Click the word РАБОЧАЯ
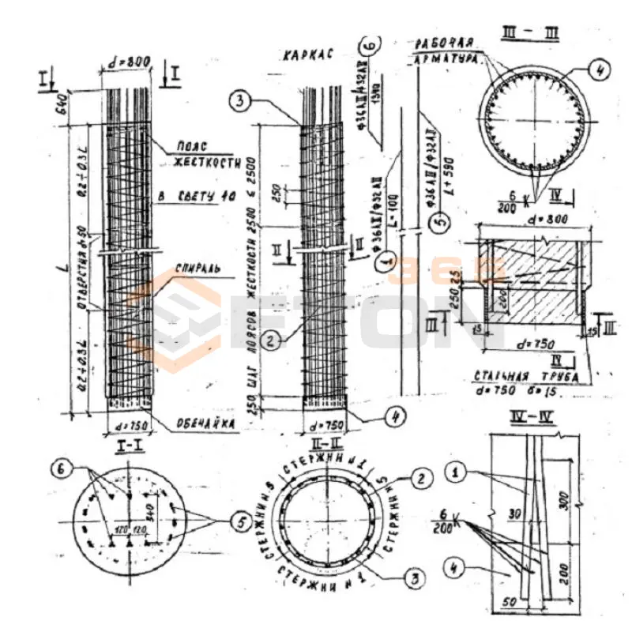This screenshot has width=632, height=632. pos(446,42)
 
